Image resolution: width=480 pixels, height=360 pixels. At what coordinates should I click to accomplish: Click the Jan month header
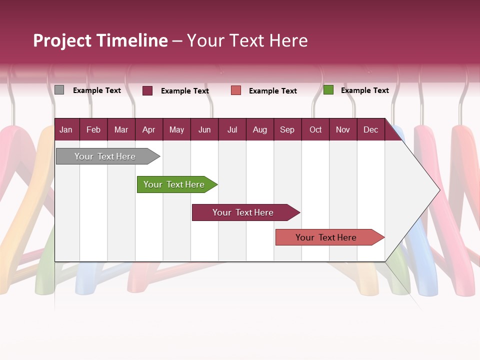[66, 129]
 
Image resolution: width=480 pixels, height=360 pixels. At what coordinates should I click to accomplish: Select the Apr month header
[148, 129]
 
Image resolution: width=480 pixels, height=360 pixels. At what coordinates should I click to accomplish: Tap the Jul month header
[232, 129]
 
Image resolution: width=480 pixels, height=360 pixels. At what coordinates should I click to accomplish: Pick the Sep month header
[287, 129]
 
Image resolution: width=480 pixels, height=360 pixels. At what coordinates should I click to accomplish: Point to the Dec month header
[370, 129]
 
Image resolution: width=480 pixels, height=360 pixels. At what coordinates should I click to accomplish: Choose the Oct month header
[315, 129]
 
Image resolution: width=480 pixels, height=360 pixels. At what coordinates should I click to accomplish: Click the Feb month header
[93, 129]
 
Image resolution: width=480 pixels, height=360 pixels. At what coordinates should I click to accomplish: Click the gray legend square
[59, 90]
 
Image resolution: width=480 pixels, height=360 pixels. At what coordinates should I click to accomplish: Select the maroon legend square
[147, 90]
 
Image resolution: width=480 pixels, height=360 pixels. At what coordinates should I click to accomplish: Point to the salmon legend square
[236, 90]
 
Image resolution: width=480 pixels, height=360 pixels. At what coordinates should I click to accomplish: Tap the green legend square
[328, 90]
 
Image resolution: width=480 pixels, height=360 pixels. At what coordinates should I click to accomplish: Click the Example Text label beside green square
[364, 90]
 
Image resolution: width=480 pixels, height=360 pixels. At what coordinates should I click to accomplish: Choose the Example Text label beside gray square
[96, 90]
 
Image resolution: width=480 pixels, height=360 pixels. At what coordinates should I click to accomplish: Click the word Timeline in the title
[132, 40]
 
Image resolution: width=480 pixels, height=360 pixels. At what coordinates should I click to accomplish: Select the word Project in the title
[62, 40]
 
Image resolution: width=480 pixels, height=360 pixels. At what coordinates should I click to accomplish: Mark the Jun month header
[204, 129]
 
